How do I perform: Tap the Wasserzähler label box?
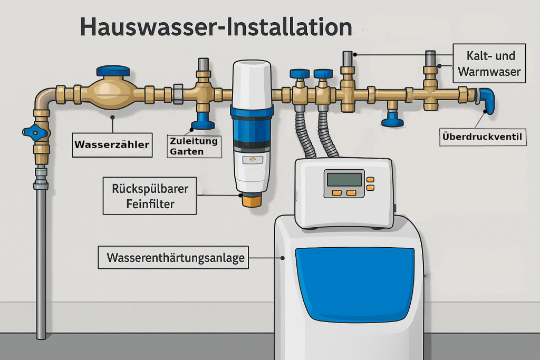point(112,144)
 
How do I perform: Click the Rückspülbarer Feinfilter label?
point(150,195)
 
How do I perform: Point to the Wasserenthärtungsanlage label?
point(173,258)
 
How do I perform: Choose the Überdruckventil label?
point(482,139)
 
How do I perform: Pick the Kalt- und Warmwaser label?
point(489,63)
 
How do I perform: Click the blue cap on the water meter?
point(113,71)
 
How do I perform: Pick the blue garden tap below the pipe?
point(202,122)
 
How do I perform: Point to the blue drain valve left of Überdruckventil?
point(392,119)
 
